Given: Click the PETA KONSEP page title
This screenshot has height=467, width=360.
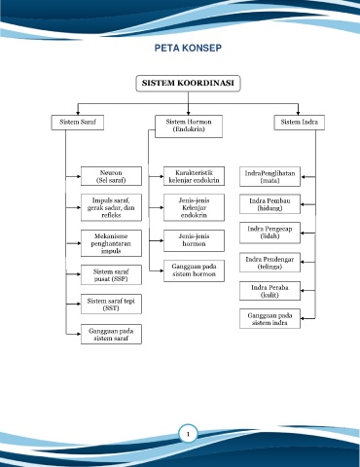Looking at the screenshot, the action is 188,48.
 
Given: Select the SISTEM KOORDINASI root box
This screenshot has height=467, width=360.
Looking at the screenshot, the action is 188,84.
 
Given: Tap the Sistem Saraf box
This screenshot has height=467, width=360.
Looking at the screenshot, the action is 78,123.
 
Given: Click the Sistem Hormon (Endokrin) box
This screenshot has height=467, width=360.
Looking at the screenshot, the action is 189,126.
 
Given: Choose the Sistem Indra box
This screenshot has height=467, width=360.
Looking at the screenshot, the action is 300,123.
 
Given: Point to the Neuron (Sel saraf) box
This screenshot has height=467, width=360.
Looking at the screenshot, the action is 111,176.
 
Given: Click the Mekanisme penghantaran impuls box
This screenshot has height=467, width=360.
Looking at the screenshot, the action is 111,243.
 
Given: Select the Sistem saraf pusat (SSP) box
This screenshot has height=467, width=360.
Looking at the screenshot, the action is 111,275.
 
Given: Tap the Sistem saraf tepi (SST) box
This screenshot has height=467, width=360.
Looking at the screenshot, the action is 111,305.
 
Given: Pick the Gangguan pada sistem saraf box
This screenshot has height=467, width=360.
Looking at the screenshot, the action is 111,334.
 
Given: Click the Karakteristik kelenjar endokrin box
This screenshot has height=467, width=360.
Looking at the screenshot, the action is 194,176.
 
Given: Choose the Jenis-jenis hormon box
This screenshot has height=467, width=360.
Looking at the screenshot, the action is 194,240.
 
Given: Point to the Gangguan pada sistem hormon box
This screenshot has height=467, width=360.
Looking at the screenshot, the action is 194,270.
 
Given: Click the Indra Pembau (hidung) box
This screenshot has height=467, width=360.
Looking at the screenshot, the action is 270,204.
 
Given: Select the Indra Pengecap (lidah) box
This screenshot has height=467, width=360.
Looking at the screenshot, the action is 270,233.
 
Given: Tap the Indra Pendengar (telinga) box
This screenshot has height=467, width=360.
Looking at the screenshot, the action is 270,263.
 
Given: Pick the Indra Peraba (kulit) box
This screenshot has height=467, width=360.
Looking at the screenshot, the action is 270,291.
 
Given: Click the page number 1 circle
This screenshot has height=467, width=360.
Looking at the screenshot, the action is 188,434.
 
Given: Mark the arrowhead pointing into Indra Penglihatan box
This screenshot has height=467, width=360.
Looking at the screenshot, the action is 303,177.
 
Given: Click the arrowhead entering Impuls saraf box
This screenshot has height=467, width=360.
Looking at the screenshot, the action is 79,207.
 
